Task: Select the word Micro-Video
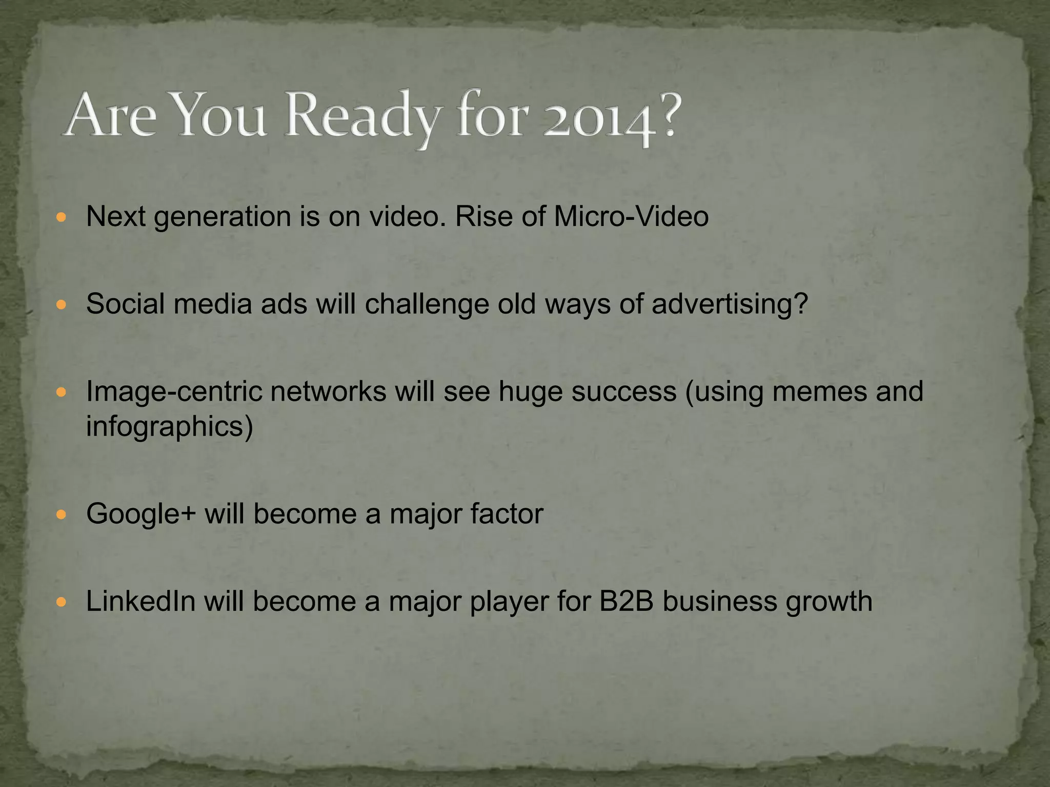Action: pos(631,216)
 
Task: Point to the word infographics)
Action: pos(170,427)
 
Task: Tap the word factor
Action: pos(506,514)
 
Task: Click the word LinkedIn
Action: pos(141,601)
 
